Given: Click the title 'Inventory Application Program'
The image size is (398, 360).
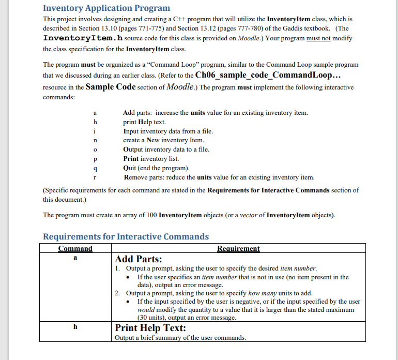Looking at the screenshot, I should [106, 8].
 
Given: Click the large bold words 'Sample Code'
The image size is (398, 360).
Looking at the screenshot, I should [111, 87].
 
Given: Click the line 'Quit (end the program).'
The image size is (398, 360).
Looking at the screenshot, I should [156, 168].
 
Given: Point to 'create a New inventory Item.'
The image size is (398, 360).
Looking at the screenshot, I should [163, 140].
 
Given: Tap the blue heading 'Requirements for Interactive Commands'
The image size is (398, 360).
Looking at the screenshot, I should [126, 237].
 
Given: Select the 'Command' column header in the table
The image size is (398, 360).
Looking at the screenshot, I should [75, 248].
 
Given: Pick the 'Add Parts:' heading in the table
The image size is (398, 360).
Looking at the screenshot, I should [139, 259].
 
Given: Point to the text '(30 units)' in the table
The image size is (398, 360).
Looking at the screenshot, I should [153, 318].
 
